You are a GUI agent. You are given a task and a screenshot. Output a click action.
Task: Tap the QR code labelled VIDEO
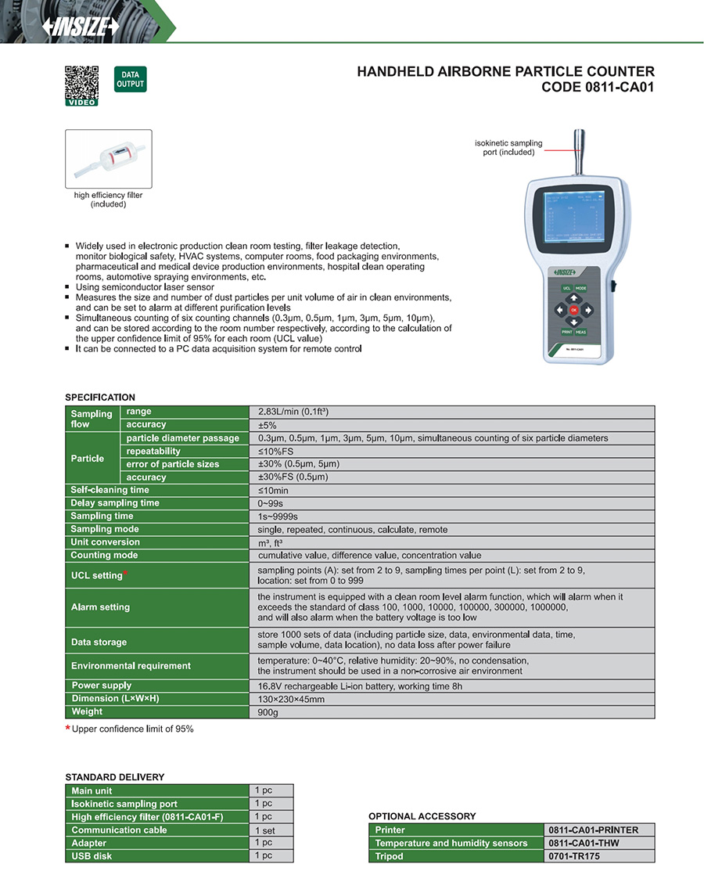pyautogui.click(x=81, y=83)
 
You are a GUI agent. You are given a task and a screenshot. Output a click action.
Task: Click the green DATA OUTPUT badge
pyautogui.click(x=130, y=80)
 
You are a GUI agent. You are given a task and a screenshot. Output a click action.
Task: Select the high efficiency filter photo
pyautogui.click(x=108, y=158)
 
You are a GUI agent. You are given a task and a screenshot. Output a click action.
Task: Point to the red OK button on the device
pyautogui.click(x=573, y=310)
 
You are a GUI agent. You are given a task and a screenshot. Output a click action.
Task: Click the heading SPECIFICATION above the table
pyautogui.click(x=100, y=398)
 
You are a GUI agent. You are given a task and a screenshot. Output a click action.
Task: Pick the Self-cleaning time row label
pyautogui.click(x=110, y=490)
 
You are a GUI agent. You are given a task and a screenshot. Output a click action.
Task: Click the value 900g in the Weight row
pyautogui.click(x=268, y=712)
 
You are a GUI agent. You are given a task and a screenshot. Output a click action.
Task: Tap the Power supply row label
pyautogui.click(x=102, y=686)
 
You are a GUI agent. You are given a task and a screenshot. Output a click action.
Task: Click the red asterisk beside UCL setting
pyautogui.click(x=125, y=573)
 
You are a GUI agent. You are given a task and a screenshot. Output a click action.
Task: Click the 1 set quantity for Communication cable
pyautogui.click(x=264, y=830)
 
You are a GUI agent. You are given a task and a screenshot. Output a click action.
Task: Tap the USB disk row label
pyautogui.click(x=92, y=856)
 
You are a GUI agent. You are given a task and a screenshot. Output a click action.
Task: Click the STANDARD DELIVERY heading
pyautogui.click(x=114, y=777)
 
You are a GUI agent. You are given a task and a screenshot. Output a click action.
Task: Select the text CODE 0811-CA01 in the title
pyautogui.click(x=598, y=88)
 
